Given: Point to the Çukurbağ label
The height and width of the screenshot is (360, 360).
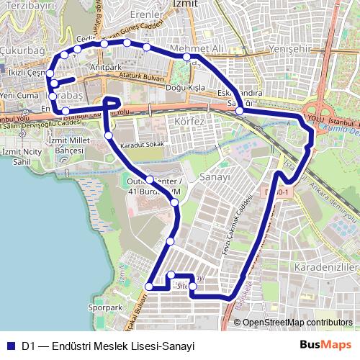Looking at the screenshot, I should pos(23,50).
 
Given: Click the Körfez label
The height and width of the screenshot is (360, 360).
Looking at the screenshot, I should pos(190,122).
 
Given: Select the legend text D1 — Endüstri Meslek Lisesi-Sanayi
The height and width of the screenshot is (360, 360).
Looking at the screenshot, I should pos(108,346).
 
